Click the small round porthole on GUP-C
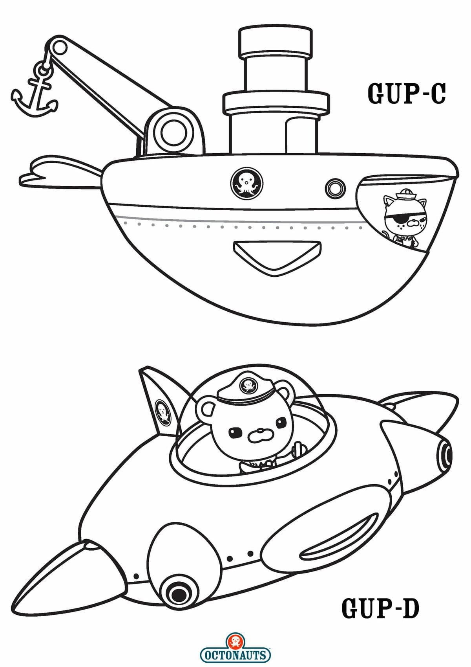click(x=336, y=188)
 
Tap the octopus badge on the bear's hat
click(x=248, y=386)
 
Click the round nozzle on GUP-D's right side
click(x=444, y=457)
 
